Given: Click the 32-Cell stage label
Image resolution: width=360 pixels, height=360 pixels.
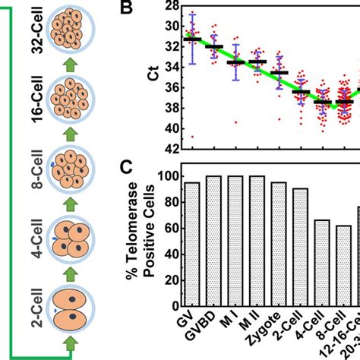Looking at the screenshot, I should tap(35, 32).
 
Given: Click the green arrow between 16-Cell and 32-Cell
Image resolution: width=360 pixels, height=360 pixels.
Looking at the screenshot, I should tap(71, 65).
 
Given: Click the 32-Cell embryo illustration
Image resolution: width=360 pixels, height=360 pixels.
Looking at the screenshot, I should tap(71, 31).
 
